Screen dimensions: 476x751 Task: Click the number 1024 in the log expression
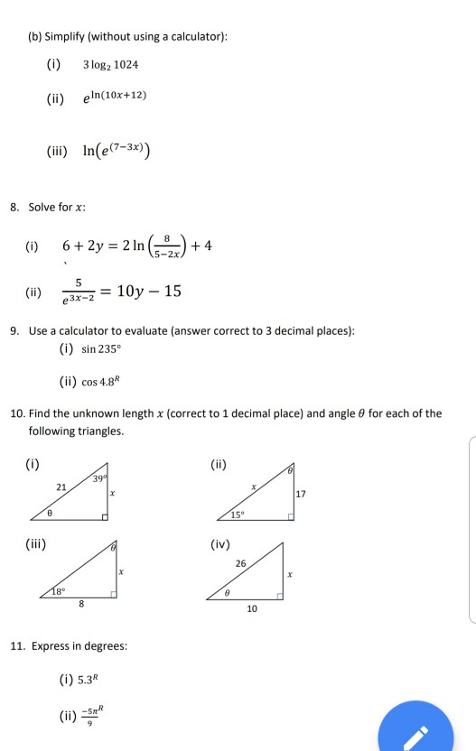coord(125,66)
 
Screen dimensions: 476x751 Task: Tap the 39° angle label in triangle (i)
coord(100,478)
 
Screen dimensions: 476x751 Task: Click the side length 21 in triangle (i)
coord(61,487)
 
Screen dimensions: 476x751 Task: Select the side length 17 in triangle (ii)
coord(300,494)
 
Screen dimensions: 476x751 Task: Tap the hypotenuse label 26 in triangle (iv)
coord(239,564)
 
